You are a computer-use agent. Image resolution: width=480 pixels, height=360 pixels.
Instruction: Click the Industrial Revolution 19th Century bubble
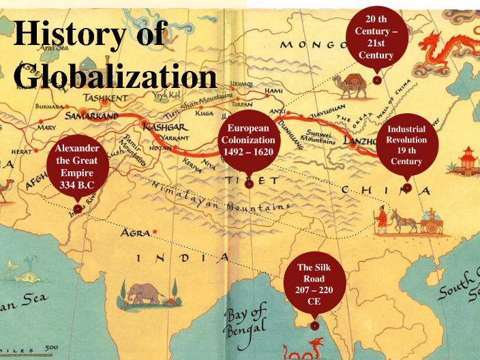tap(406, 145)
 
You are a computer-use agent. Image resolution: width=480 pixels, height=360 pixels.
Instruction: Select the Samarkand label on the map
tap(91, 117)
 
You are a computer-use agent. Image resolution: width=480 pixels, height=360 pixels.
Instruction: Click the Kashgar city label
tap(164, 127)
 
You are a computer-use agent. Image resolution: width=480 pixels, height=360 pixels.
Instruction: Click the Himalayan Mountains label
tap(219, 197)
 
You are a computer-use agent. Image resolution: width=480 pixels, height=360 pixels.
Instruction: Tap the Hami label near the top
tap(273, 91)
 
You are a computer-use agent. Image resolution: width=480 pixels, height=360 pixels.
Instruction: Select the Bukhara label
tap(48, 106)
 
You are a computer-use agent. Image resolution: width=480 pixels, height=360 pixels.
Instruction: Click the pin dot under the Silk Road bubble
tap(314, 325)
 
